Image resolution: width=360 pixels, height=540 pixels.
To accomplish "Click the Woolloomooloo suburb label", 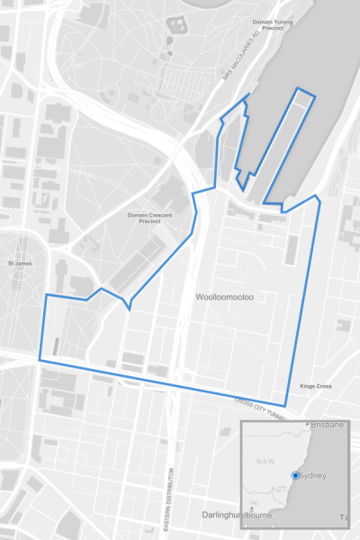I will [x=224, y=295].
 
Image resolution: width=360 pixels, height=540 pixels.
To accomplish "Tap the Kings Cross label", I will [x=316, y=386].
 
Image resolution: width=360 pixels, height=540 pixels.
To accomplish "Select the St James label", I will [x=20, y=264].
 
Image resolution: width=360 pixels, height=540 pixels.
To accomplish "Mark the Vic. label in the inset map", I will [x=255, y=504].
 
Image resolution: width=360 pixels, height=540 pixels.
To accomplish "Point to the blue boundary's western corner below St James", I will [x=39, y=360].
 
